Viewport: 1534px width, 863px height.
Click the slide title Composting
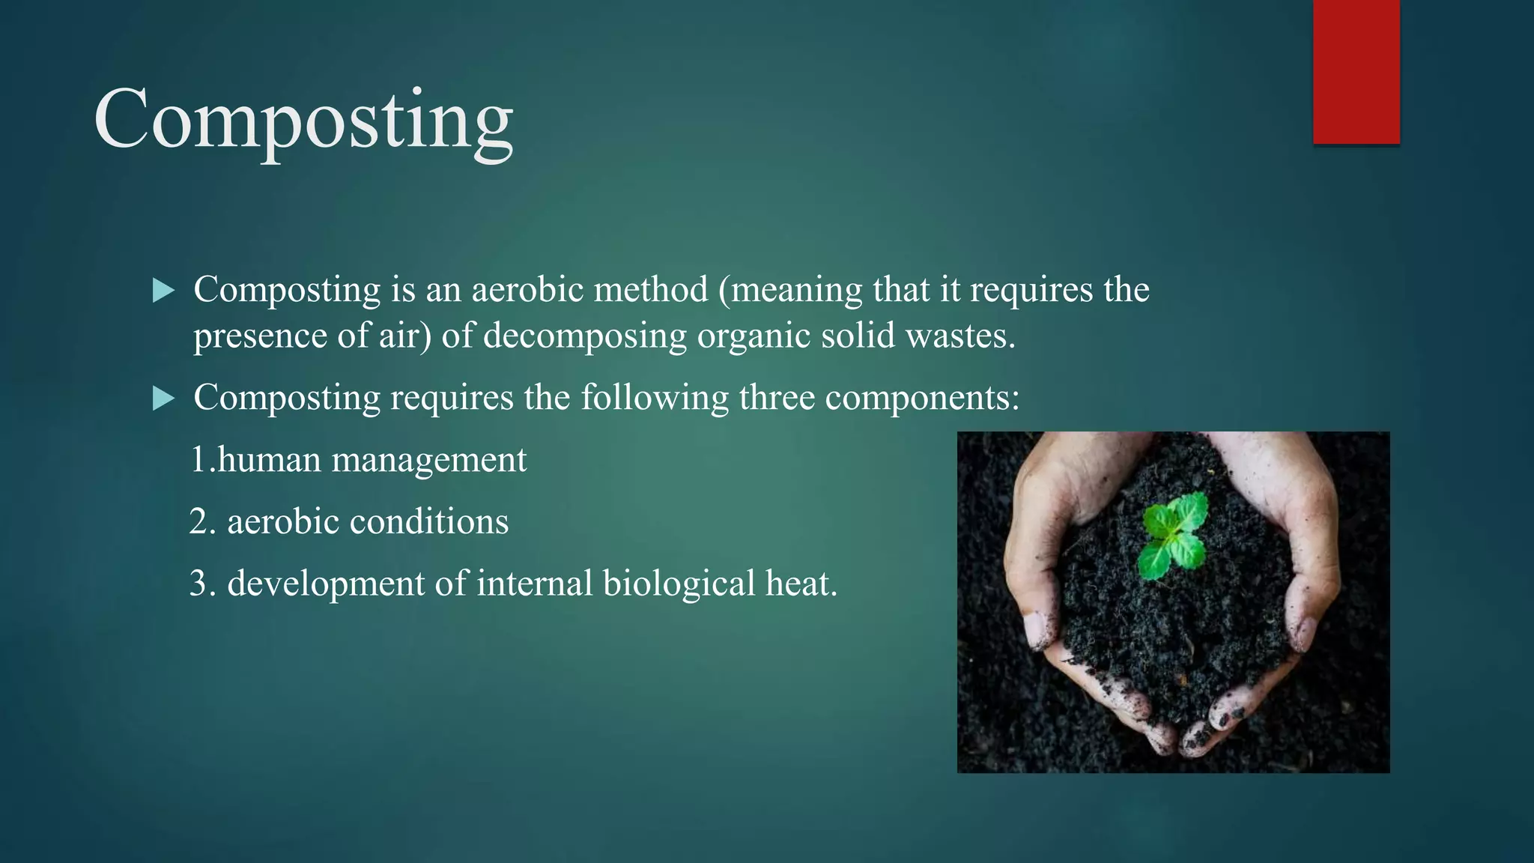303,120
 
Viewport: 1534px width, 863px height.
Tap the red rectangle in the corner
1356,71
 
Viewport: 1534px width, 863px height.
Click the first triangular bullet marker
163,291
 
